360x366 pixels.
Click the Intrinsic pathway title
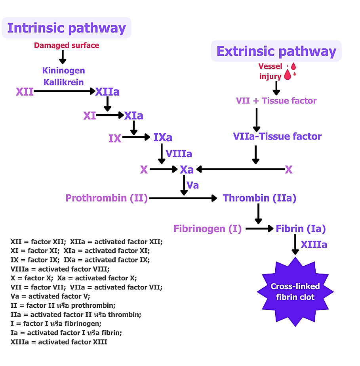[67, 28]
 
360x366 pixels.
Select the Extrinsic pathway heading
[276, 52]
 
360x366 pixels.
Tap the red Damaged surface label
[67, 45]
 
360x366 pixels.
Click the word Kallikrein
[63, 82]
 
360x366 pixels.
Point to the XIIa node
[107, 92]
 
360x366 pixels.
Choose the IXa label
[163, 138]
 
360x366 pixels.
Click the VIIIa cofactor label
[179, 153]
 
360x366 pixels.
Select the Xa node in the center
[187, 170]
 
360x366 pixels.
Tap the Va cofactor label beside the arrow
[192, 185]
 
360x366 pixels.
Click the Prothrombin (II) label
[107, 198]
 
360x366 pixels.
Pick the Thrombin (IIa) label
[259, 198]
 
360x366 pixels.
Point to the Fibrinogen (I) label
[208, 229]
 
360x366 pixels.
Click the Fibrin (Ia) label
[301, 229]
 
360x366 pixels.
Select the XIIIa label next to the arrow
[314, 245]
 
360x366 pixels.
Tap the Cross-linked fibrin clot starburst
[295, 291]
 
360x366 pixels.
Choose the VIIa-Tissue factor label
[277, 136]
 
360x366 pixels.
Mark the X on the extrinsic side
[289, 170]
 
